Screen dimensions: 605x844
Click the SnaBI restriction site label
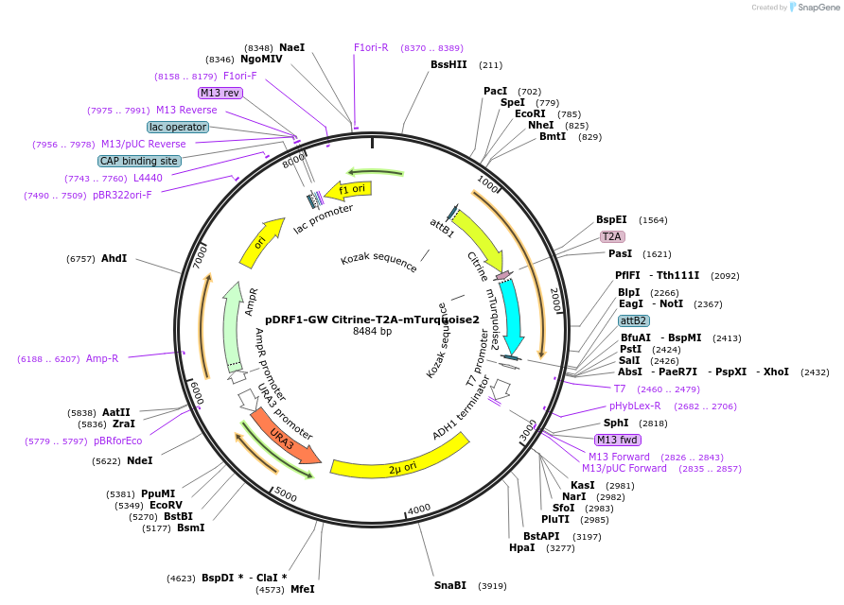pyautogui.click(x=449, y=585)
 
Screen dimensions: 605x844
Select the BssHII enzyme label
pyautogui.click(x=448, y=64)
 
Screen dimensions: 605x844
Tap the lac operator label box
pyautogui.click(x=178, y=127)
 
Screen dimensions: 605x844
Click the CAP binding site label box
pyautogui.click(x=139, y=161)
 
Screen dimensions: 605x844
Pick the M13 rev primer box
pyautogui.click(x=220, y=93)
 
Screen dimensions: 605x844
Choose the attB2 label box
pyautogui.click(x=634, y=320)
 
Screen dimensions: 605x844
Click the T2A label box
pyautogui.click(x=611, y=236)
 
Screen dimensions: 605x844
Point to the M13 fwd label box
pyautogui.click(x=617, y=440)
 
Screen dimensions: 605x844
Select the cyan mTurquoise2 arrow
pyautogui.click(x=511, y=312)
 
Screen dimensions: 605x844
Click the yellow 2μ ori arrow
pyautogui.click(x=397, y=464)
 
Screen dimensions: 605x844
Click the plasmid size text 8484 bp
pyautogui.click(x=372, y=332)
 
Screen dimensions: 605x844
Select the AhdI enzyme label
pyautogui.click(x=114, y=258)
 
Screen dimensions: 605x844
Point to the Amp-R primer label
pyautogui.click(x=102, y=358)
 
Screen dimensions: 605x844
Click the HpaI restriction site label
pyautogui.click(x=521, y=547)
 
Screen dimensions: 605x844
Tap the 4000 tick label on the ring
pyautogui.click(x=418, y=508)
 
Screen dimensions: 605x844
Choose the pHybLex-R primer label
pyautogui.click(x=635, y=406)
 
